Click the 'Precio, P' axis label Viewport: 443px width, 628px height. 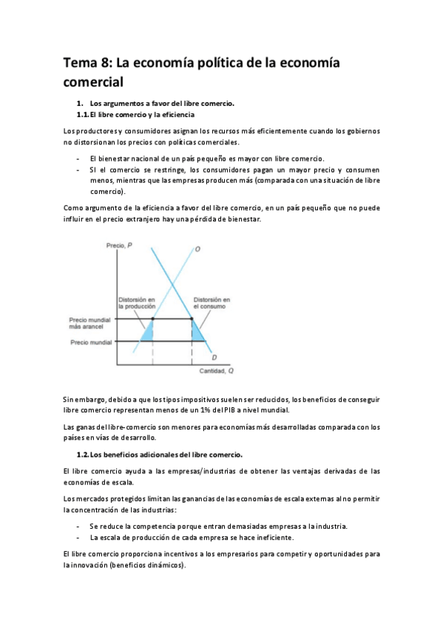click(120, 245)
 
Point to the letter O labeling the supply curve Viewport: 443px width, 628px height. click(197, 249)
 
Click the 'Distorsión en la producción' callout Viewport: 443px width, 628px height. click(137, 303)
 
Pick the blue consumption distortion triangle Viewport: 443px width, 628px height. click(197, 331)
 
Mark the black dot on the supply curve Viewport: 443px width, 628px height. click(152, 318)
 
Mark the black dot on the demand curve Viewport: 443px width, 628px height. click(192, 318)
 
